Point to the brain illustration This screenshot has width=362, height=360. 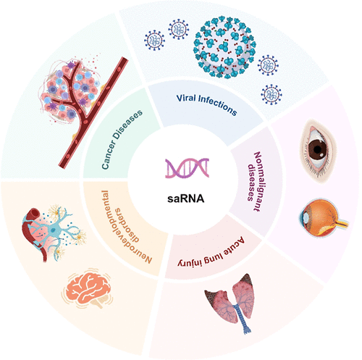click(90, 290)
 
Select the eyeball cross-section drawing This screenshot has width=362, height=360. click(319, 215)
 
